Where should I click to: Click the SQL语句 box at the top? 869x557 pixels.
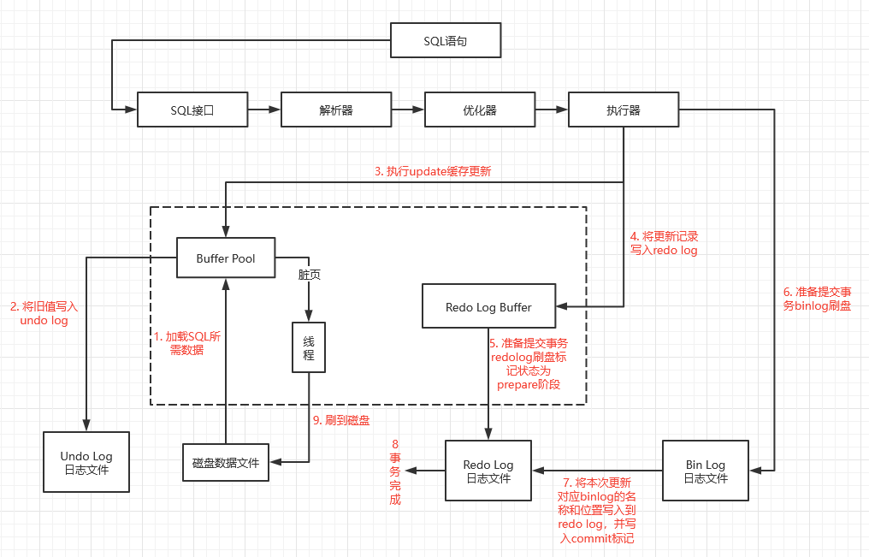coord(446,41)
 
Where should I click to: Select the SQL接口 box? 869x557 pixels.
coord(192,110)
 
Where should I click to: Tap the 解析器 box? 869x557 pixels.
coord(336,110)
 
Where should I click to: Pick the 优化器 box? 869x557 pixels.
coord(480,110)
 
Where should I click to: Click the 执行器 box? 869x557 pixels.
coord(624,110)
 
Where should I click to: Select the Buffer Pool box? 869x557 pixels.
coord(226,258)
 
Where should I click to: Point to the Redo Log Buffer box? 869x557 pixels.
coord(488,306)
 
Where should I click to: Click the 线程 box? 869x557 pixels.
coord(309,347)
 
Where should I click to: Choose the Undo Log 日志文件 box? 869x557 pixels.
coord(86,462)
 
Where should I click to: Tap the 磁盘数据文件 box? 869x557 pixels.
coord(226,463)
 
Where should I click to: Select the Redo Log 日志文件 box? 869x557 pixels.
coord(488,471)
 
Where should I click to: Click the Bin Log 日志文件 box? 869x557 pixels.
coord(706,471)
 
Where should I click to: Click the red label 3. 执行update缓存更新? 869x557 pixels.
coord(433,171)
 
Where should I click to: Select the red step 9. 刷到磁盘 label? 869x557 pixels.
coord(340,420)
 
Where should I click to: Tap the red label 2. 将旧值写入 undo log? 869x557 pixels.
coord(44,313)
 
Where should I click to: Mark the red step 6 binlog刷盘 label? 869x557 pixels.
coord(817,298)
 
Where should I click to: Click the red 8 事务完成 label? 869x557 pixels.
coord(395,471)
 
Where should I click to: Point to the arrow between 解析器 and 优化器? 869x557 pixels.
coord(407,110)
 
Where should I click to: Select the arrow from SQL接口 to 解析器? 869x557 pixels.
coord(264,110)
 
